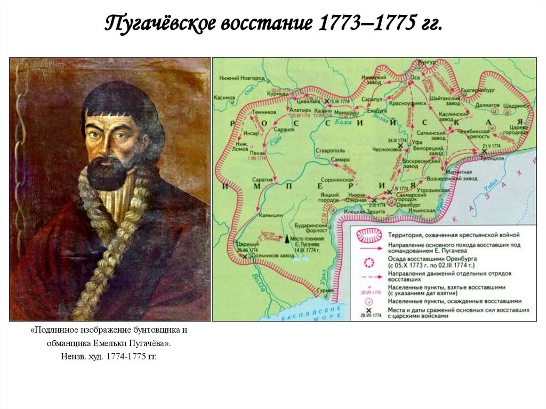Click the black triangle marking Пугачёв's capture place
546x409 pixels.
point(286,240)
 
